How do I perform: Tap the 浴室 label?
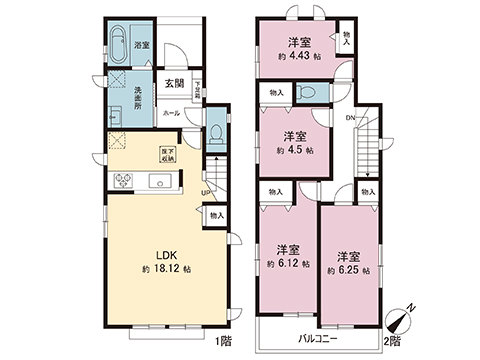point(142,45)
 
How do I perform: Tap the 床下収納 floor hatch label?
point(168,155)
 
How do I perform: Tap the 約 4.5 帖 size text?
point(295,150)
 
